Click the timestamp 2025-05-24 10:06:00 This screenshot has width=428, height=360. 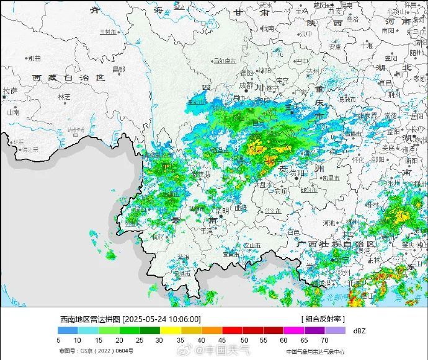[x=163, y=318]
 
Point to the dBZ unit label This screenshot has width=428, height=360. [x=359, y=331]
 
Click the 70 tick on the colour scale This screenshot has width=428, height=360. [x=324, y=340]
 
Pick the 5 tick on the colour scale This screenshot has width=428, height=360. [x=58, y=340]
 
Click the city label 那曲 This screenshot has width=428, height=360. [x=33, y=58]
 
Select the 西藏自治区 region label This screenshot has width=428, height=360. [x=69, y=78]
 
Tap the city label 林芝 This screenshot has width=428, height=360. [x=64, y=97]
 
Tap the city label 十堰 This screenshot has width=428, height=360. [x=367, y=45]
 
